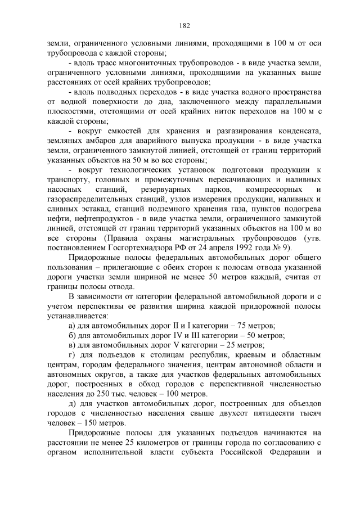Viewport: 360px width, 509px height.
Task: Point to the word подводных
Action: coord(121,91)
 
